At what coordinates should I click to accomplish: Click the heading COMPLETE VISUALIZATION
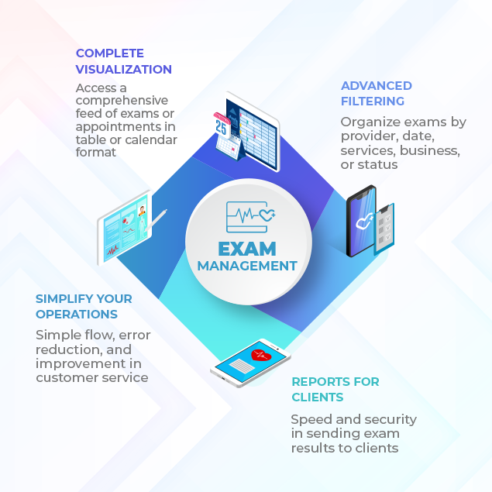(123, 61)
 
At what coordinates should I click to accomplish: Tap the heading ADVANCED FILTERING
(376, 93)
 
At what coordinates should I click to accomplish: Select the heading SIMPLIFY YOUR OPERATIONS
(84, 306)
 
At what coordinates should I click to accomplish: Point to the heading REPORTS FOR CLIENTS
(335, 389)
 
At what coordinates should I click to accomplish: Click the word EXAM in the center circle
(246, 249)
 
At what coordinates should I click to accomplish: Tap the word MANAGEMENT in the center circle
(246, 266)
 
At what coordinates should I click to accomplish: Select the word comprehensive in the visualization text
(122, 101)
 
